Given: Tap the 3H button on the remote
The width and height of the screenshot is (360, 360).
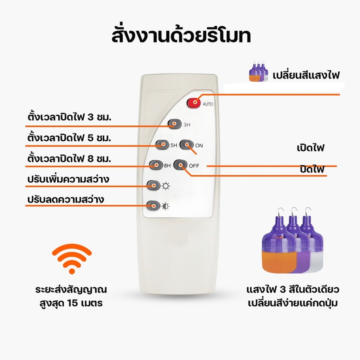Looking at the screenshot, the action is click(x=174, y=124).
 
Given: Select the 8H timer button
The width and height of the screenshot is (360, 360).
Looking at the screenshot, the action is click(x=156, y=165).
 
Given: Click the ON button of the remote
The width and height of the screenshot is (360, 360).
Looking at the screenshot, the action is click(x=186, y=145).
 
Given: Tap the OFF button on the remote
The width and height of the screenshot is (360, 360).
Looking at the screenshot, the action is click(x=180, y=165).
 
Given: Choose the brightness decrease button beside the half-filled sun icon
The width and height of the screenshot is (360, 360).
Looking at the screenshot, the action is click(x=153, y=206).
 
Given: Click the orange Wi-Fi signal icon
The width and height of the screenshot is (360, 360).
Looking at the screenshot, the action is click(x=72, y=259).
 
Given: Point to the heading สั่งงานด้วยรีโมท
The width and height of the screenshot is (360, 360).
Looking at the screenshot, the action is click(x=181, y=36).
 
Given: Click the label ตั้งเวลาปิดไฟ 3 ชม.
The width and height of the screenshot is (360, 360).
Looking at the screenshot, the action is click(x=69, y=117).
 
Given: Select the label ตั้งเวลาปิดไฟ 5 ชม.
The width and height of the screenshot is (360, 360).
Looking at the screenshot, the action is click(x=69, y=137).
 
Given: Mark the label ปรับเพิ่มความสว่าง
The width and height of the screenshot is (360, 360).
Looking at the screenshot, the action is click(x=68, y=179).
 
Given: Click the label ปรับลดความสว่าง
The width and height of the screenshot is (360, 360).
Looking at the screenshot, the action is click(x=66, y=199).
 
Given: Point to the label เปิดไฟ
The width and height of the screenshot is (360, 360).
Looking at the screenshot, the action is click(x=310, y=148).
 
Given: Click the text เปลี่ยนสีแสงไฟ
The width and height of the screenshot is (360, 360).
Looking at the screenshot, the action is click(x=306, y=75).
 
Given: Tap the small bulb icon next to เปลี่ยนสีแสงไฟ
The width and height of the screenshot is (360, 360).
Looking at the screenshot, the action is click(x=258, y=71).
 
